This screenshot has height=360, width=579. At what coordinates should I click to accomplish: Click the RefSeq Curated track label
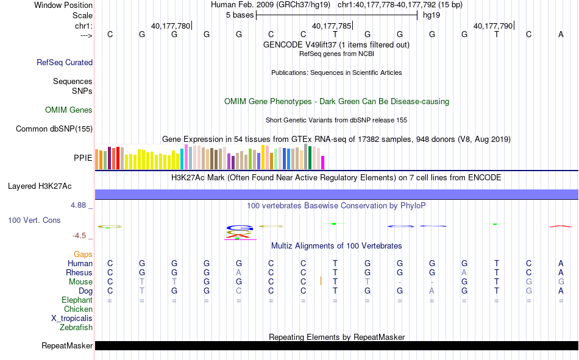coord(65,62)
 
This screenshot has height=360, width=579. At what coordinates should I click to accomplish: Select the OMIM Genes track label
coord(69,110)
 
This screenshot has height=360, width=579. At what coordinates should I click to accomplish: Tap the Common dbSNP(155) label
coord(54,129)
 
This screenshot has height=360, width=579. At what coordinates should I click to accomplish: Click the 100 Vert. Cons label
coord(34,220)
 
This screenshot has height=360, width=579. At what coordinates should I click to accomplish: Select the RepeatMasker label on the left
coord(67,346)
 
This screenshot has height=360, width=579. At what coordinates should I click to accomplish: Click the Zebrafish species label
coord(76,327)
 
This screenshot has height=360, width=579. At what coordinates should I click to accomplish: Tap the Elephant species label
coord(77,300)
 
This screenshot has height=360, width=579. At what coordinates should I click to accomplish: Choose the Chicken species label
coord(78,309)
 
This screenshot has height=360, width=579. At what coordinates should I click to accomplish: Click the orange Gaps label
coord(83,254)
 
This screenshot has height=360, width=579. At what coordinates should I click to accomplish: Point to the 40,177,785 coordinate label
coord(332,26)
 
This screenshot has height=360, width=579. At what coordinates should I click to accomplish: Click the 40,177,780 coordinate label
coord(171,26)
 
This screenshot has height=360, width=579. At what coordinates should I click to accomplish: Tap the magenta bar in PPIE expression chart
coord(323,163)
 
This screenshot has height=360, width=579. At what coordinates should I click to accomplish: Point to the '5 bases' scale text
coord(238,15)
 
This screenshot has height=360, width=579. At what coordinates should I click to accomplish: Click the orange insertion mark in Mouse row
coord(321,281)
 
